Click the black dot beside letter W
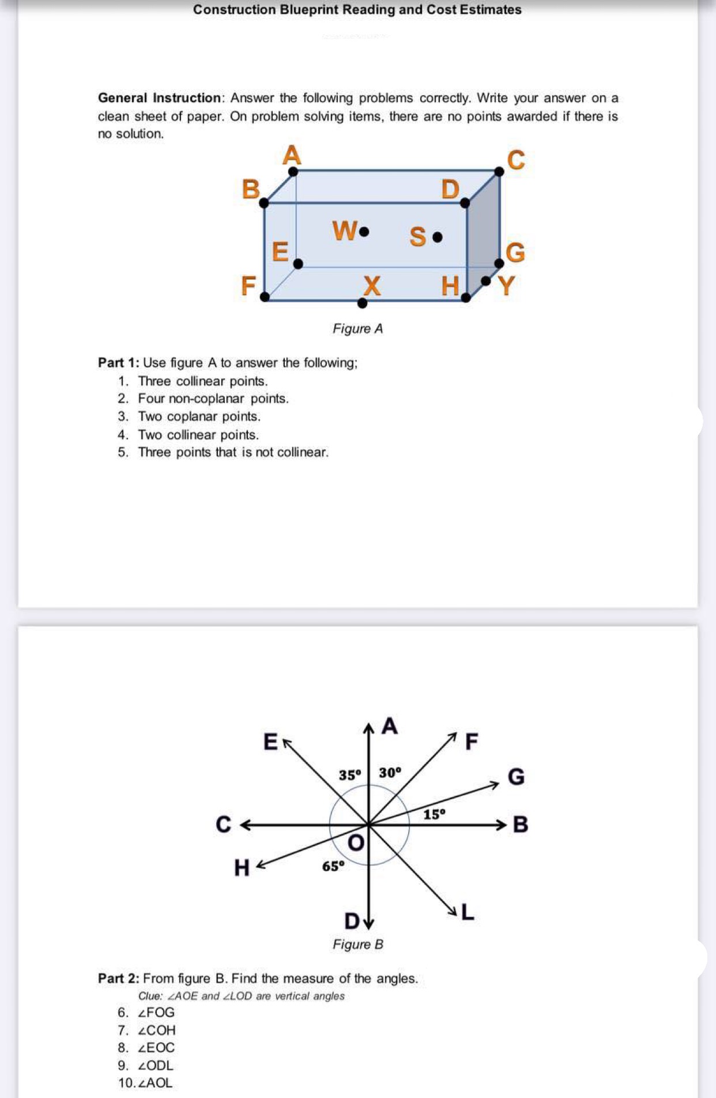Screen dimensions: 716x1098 (364, 232)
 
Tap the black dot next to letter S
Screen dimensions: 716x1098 (438, 236)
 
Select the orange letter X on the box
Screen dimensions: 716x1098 (372, 285)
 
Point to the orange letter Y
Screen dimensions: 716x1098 (506, 285)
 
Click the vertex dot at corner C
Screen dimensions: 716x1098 (499, 171)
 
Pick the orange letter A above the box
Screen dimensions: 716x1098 (292, 155)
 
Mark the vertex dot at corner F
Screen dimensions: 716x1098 (265, 296)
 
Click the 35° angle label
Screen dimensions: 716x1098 (349, 775)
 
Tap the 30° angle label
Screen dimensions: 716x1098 (390, 772)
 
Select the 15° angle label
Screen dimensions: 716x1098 (434, 814)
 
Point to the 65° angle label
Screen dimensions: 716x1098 (333, 866)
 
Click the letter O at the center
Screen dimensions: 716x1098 (356, 843)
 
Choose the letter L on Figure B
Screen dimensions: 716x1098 (468, 912)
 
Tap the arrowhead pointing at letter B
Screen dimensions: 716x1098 (502, 825)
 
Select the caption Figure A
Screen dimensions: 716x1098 (357, 329)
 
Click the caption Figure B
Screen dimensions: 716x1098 (357, 944)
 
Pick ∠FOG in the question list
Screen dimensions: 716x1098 (156, 1012)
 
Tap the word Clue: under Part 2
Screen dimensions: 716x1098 (150, 996)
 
